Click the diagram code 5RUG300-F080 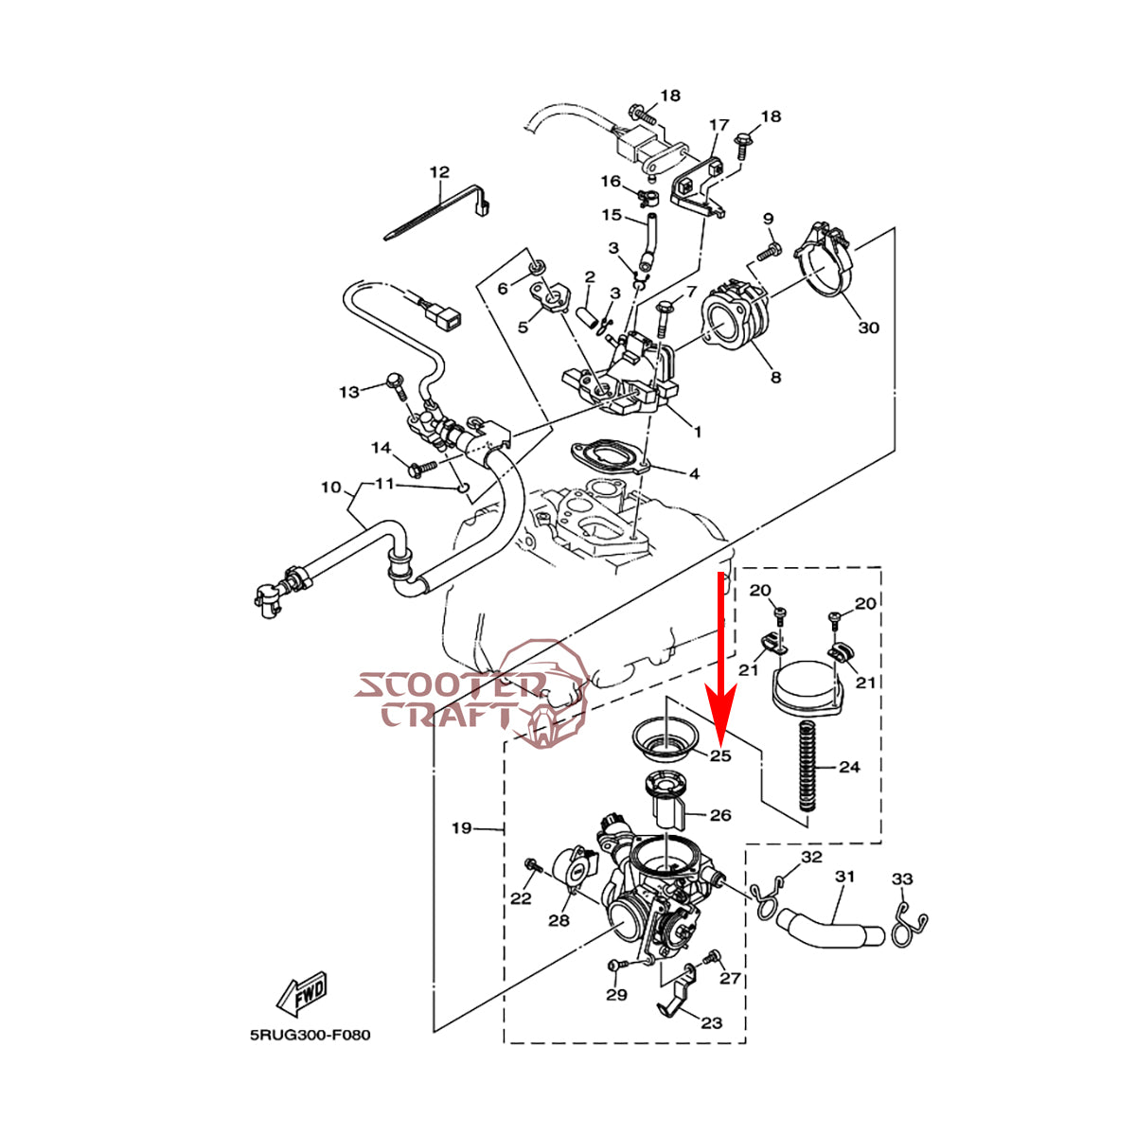point(311,1035)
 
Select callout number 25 point(721,755)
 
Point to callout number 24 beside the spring point(849,767)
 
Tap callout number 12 point(439,172)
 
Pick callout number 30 point(868,328)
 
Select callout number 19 point(461,828)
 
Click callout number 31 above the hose point(844,877)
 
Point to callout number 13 point(350,391)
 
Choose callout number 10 point(330,488)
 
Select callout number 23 point(712,1022)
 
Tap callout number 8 point(775,377)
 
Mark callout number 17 point(719,125)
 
